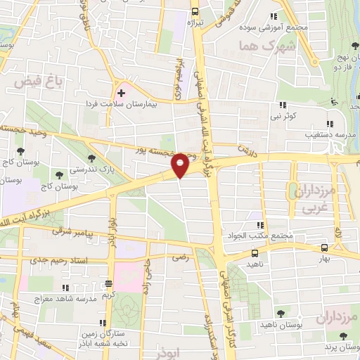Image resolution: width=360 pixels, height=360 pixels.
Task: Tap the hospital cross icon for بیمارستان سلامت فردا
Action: [121, 92]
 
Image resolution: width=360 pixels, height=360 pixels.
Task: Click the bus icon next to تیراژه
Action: [195, 11]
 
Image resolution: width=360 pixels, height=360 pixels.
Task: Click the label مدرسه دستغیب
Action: [309, 132]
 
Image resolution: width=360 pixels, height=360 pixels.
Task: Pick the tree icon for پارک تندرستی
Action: [89, 157]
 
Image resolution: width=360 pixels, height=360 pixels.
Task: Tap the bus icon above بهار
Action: [323, 247]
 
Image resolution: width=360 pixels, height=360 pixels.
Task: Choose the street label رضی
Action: [180, 258]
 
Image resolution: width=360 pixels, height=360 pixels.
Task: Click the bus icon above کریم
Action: [108, 284]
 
